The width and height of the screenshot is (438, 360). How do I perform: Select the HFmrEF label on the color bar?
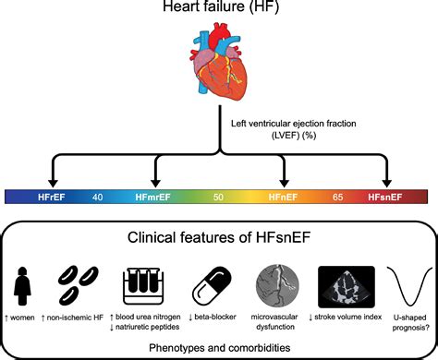(158, 196)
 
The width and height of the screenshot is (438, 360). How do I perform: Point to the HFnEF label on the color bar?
(284, 196)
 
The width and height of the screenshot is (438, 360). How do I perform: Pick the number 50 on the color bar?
(219, 196)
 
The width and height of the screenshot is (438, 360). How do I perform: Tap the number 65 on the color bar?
(337, 196)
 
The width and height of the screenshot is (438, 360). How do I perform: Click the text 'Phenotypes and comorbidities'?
(219, 346)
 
